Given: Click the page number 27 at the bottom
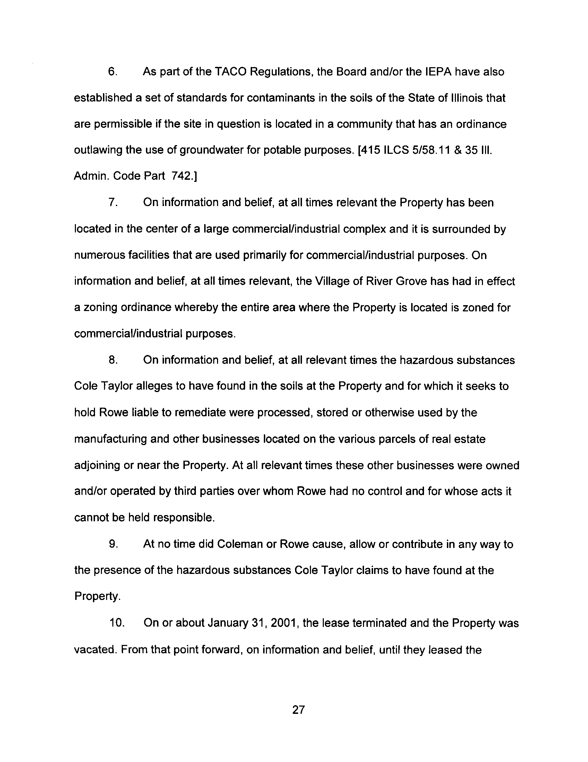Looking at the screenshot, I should (299, 709).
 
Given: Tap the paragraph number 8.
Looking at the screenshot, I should (112, 360).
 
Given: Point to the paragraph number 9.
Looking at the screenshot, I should (112, 544).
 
